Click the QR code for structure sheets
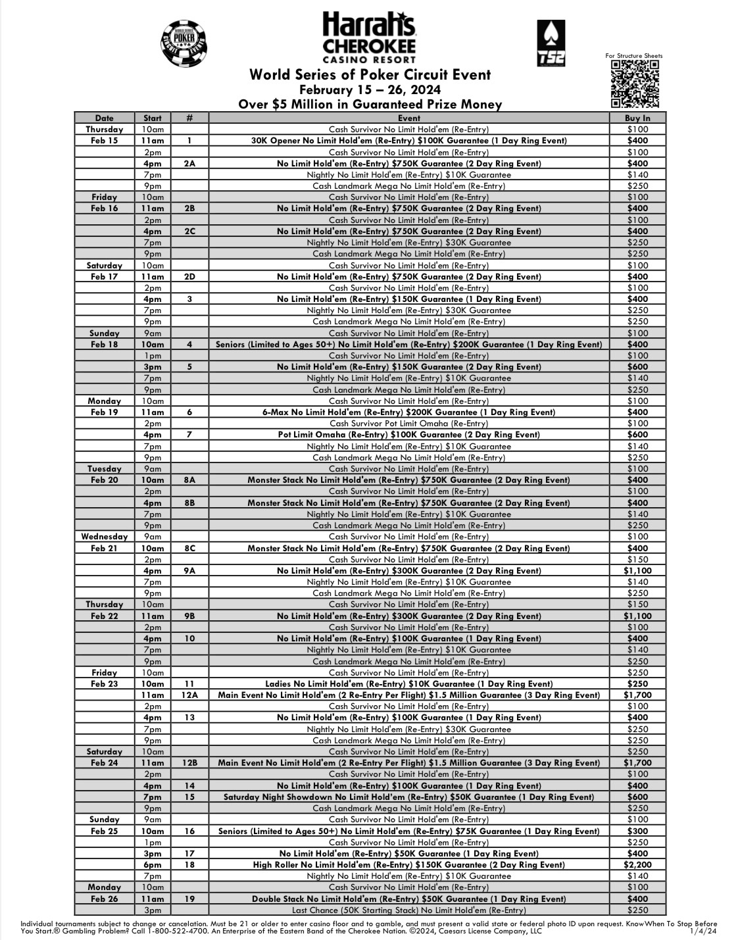click(x=635, y=84)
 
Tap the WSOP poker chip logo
click(x=183, y=43)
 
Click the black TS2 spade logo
click(x=551, y=43)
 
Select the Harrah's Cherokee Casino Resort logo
click(x=369, y=38)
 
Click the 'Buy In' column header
click(x=637, y=118)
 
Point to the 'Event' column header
click(x=408, y=118)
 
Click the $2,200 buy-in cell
click(x=637, y=865)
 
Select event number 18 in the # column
click(x=189, y=865)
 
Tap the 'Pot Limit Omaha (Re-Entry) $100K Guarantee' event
click(x=408, y=435)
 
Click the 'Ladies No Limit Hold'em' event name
click(x=408, y=684)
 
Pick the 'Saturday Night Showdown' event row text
click(x=408, y=797)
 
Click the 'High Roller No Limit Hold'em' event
click(x=408, y=865)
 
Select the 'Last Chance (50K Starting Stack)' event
click(x=408, y=910)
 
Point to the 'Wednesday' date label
click(x=104, y=537)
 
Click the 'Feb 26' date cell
click(x=104, y=899)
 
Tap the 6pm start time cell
click(x=153, y=865)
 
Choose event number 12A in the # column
click(x=189, y=695)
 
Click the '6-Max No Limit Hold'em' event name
click(x=408, y=412)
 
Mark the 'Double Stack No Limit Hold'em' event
click(x=408, y=899)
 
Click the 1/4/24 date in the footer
click(x=703, y=931)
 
